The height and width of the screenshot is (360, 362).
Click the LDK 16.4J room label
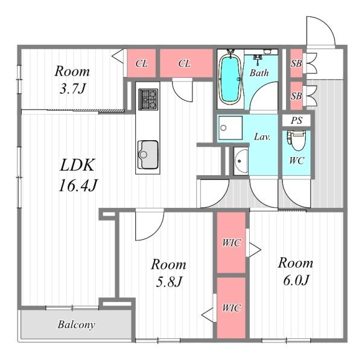pos(78,175)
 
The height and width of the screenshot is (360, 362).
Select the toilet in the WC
pos(296,141)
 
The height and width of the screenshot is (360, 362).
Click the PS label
pos(296,120)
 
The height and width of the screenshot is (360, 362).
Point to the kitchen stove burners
pos(148,99)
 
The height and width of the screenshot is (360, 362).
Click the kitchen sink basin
pos(148,155)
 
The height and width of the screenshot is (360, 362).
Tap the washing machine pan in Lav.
pos(230,127)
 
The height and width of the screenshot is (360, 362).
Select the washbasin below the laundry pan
pos(241,161)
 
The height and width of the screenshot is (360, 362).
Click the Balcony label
pos(77,324)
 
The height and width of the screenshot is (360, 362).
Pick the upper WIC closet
pos(231,242)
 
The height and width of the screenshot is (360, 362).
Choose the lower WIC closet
pos(231,308)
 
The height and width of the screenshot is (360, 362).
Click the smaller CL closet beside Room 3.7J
pos(141,63)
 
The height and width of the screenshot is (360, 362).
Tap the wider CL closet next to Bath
pos(186,63)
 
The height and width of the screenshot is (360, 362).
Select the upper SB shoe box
pos(296,63)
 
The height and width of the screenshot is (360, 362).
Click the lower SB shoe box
pos(296,95)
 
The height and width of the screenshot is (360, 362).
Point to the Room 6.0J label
pos(296,271)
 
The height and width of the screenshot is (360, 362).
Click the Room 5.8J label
pos(168,273)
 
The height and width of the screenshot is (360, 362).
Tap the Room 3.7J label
pos(72,80)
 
